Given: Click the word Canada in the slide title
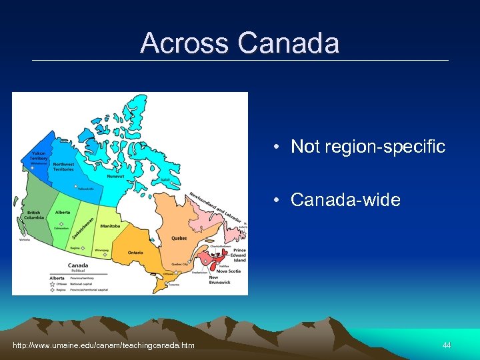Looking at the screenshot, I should [288, 44].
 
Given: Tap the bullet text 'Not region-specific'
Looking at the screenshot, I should [368, 147].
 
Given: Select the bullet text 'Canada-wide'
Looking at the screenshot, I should [345, 200].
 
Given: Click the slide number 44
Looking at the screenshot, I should [447, 345].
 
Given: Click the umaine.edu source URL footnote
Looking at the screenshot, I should [104, 345].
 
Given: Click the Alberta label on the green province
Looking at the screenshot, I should [63, 212].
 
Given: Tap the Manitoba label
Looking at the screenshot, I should [111, 226].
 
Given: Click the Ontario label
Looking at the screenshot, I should [135, 253].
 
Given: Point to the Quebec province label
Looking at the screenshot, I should [178, 238].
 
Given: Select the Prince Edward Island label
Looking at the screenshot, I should [239, 255].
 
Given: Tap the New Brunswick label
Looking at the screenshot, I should [219, 280].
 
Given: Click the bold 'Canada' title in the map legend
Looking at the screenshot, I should [77, 265].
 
